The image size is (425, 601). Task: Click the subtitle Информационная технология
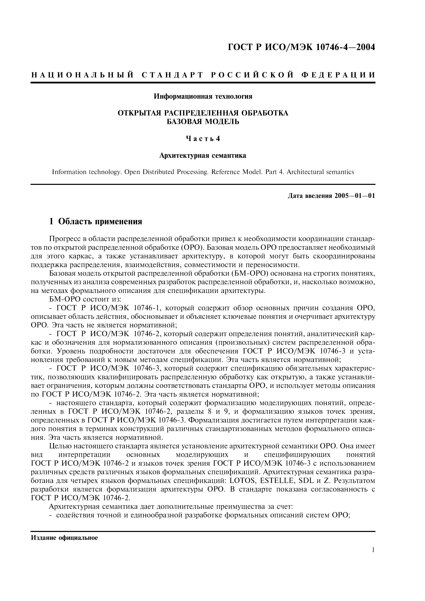(x=203, y=97)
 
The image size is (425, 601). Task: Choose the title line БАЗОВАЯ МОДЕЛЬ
(x=203, y=122)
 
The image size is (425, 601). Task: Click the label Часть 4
(x=203, y=139)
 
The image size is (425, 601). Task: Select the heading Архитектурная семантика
(x=203, y=156)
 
